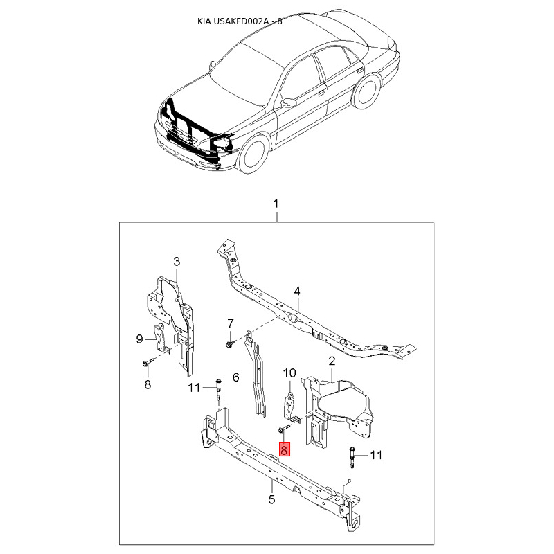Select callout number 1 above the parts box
[x=276, y=204]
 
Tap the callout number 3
[x=177, y=261]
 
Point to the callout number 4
[x=296, y=291]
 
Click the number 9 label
[x=139, y=339]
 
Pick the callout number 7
[x=232, y=323]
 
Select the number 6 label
[x=235, y=377]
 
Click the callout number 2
[x=332, y=361]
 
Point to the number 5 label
[x=271, y=499]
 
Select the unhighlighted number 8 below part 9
[x=148, y=385]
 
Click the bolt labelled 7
[x=229, y=343]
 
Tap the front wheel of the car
[x=254, y=154]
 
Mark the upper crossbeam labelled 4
[x=305, y=315]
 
